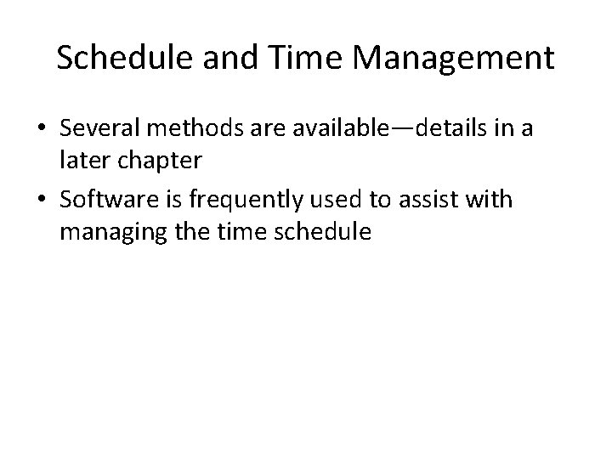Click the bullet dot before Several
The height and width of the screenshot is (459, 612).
coord(39,129)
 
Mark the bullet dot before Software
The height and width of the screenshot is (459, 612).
coord(39,201)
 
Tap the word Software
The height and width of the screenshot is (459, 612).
coord(105,200)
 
